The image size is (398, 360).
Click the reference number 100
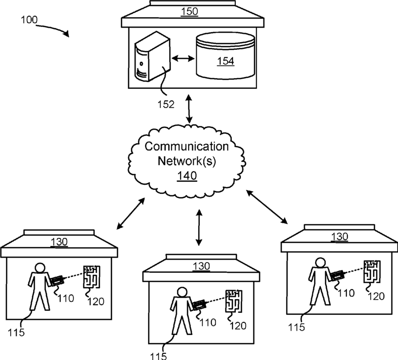[29, 20]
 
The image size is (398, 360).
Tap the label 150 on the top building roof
[189, 12]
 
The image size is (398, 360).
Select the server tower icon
[152, 56]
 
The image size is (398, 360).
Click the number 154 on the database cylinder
[225, 61]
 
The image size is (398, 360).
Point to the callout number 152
[166, 104]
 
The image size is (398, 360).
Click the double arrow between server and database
[183, 59]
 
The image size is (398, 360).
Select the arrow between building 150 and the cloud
[189, 108]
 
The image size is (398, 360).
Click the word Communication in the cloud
[187, 147]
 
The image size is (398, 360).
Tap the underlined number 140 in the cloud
[187, 176]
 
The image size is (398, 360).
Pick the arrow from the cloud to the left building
[130, 213]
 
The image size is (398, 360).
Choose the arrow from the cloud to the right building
[267, 207]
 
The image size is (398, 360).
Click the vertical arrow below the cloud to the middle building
[199, 227]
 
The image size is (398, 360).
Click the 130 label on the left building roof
[59, 242]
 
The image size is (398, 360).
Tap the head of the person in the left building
[40, 268]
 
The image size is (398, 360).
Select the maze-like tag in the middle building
[233, 301]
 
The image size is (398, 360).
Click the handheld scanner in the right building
[337, 276]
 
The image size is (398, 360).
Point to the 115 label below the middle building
[159, 355]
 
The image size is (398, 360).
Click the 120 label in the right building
[376, 296]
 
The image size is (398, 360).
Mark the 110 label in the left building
[66, 298]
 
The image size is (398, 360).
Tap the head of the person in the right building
[320, 263]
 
